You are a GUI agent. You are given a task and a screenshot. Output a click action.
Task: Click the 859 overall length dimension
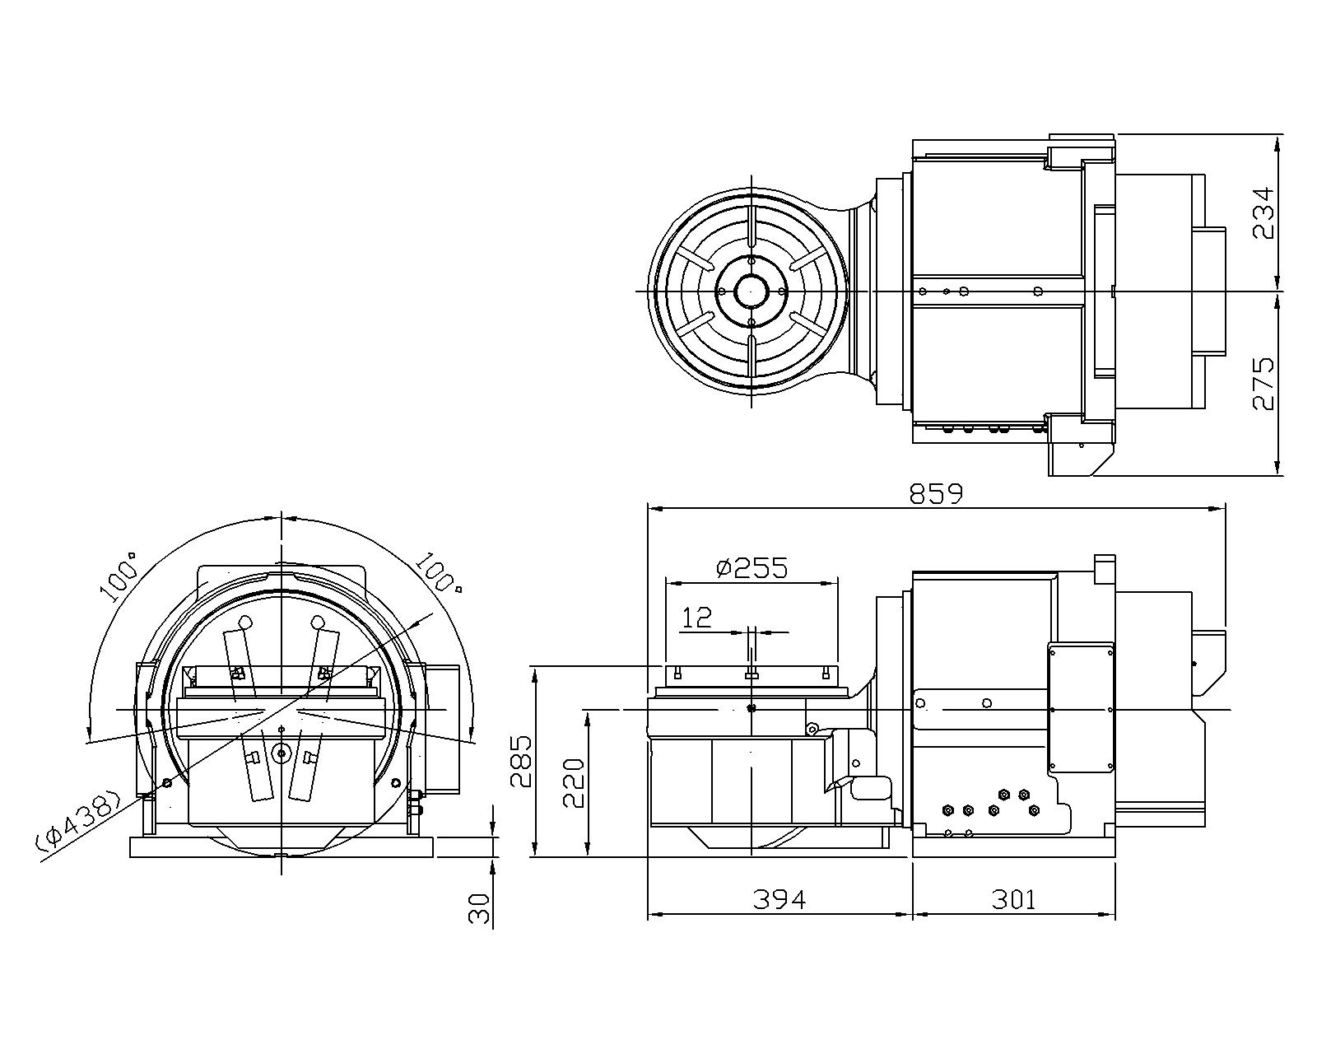tap(936, 493)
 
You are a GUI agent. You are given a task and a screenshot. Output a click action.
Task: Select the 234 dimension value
tap(1263, 213)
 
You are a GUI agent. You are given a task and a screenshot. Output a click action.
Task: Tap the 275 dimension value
tap(1263, 384)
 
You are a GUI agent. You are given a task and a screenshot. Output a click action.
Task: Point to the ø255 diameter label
tap(752, 568)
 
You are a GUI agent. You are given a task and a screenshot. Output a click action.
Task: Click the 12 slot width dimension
tap(697, 618)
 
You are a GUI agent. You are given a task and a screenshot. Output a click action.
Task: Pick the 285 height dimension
tap(521, 761)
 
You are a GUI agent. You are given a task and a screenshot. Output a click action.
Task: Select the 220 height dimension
tap(574, 783)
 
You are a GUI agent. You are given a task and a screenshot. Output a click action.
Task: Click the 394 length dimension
tap(779, 900)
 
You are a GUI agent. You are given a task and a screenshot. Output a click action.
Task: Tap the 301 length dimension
tap(1012, 900)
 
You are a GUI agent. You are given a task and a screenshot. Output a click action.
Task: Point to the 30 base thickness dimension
tap(479, 908)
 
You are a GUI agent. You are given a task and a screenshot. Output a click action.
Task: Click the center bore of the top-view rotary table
tap(752, 291)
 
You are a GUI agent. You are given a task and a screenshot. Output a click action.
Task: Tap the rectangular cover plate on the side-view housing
tap(1080, 707)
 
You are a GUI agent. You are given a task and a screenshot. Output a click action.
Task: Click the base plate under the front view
tap(282, 847)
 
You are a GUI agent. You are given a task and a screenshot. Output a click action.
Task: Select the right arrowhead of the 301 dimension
tap(1107, 915)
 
